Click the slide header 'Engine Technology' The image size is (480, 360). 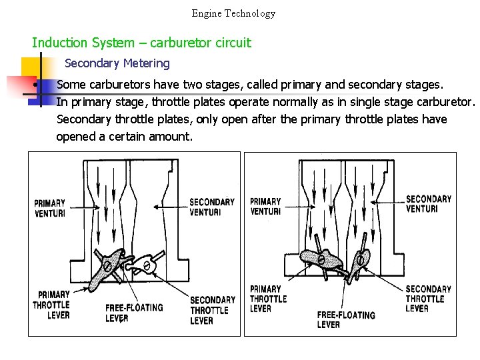coord(233,13)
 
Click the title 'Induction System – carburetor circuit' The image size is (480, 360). coord(141,43)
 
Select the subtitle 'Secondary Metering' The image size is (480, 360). coord(117,63)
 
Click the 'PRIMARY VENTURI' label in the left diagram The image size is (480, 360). coord(50,208)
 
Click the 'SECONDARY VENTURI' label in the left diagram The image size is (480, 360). coord(212,207)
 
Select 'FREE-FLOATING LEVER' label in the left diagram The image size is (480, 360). coord(133,313)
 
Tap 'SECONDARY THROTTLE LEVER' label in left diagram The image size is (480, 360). coord(212,310)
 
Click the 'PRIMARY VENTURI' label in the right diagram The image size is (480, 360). coord(265,207)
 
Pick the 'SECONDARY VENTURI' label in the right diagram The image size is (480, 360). coord(428,203)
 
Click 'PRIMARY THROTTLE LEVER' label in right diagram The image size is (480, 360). coord(268,299)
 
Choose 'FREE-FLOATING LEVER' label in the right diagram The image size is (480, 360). coord(345,319)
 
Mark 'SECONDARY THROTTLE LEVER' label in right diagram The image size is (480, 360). coord(428,299)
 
